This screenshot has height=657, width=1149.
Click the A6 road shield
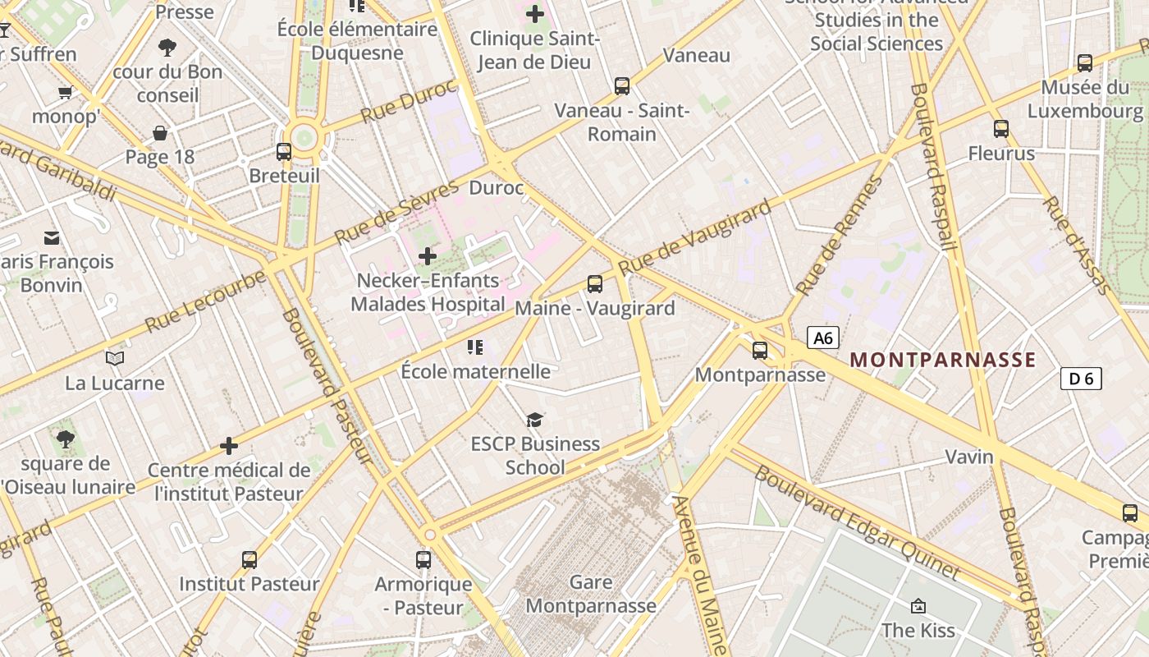click(x=824, y=338)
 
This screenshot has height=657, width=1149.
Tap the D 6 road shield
click(x=1081, y=379)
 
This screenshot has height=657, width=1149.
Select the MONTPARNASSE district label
click(x=943, y=360)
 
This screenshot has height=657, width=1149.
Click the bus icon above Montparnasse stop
click(x=760, y=351)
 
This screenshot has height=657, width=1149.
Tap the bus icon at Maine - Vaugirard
click(x=595, y=284)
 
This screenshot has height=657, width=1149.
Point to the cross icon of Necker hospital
click(x=428, y=256)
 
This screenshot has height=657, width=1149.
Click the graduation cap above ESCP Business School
click(x=534, y=420)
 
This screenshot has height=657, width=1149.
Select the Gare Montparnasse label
click(x=591, y=595)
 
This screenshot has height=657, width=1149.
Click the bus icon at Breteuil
click(x=284, y=151)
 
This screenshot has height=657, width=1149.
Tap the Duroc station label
click(x=496, y=188)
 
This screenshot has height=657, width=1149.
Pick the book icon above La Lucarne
click(x=115, y=358)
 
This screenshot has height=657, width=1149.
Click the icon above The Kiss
click(x=918, y=606)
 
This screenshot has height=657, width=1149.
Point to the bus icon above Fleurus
click(x=1001, y=128)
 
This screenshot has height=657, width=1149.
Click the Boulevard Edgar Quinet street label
click(x=856, y=521)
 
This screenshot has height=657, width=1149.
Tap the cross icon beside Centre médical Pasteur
click(x=229, y=446)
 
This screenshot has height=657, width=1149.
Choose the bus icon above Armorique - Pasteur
click(x=423, y=560)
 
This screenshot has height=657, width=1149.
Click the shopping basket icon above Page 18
click(x=160, y=133)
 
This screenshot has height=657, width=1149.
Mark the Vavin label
click(x=969, y=457)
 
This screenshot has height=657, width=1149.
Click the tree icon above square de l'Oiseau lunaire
click(x=66, y=439)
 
